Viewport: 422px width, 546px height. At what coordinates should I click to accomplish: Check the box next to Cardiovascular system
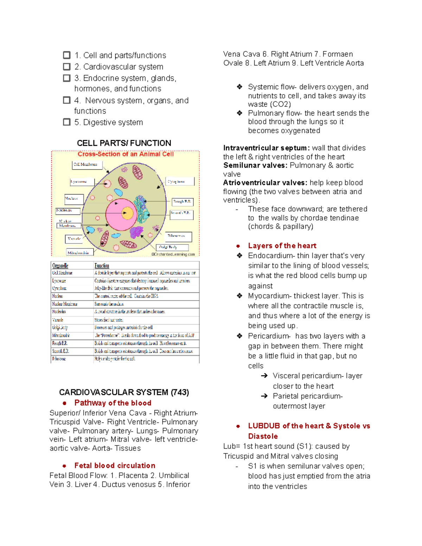click(66, 67)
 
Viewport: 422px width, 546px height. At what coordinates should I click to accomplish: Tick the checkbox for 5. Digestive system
click(66, 122)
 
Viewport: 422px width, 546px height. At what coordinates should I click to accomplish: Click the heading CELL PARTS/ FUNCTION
click(124, 143)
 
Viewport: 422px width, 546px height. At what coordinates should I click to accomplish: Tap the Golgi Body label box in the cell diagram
click(172, 247)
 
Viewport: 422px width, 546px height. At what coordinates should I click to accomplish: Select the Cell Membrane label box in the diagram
click(87, 165)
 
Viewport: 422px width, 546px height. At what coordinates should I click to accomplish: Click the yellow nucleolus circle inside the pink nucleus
click(127, 213)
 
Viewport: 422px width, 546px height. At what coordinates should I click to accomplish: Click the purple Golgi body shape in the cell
click(136, 232)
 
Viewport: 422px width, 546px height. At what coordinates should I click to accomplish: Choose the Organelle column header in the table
click(60, 265)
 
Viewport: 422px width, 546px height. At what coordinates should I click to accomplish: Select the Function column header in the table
click(102, 265)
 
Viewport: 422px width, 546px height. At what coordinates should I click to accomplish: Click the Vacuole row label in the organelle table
click(58, 320)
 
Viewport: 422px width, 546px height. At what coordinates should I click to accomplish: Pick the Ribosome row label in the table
click(59, 359)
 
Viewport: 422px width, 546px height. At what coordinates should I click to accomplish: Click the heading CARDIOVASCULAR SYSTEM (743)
click(124, 392)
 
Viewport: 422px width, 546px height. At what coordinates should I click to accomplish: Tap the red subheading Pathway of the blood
click(113, 403)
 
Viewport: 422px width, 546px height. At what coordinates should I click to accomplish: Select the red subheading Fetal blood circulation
click(115, 465)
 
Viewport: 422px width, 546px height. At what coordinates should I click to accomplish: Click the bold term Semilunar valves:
click(255, 165)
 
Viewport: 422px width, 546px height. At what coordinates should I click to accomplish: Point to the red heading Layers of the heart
click(282, 246)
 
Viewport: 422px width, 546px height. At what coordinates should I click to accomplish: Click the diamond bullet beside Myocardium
click(239, 296)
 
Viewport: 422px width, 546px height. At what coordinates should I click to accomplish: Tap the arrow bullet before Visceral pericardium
click(264, 376)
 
